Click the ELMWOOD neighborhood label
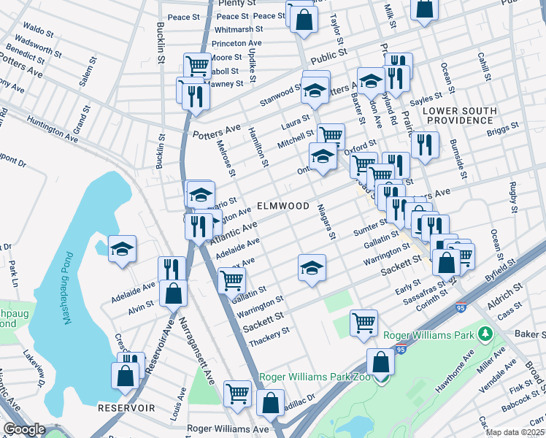tap(283, 207)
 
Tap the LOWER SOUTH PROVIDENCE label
tap(459, 115)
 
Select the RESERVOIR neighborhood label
tap(127, 408)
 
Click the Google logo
tap(23, 429)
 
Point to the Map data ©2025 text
tap(515, 431)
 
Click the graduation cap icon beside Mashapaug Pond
tap(123, 248)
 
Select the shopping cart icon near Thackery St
tap(364, 322)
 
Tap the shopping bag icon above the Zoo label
tap(380, 361)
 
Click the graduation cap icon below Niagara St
tap(312, 267)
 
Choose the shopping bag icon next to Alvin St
tap(174, 293)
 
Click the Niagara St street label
tap(326, 222)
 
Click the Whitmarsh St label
tap(239, 29)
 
